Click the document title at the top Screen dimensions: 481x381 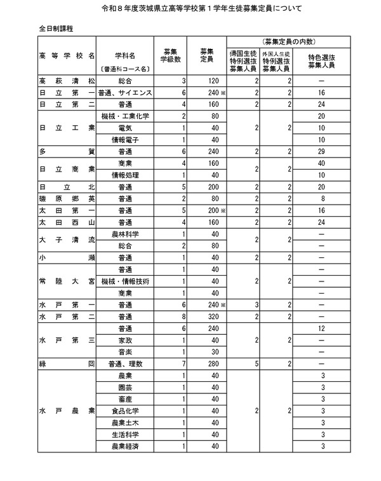click(190, 10)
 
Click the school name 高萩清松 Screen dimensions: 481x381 click(67, 81)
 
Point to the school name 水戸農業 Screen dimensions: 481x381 click(67, 410)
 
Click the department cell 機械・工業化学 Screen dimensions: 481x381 click(125, 116)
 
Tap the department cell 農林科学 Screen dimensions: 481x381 click(125, 234)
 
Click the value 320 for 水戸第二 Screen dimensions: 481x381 click(213, 316)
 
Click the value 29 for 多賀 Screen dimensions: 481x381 click(323, 152)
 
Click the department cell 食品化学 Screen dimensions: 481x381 click(125, 410)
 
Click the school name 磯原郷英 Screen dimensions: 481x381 click(67, 199)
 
